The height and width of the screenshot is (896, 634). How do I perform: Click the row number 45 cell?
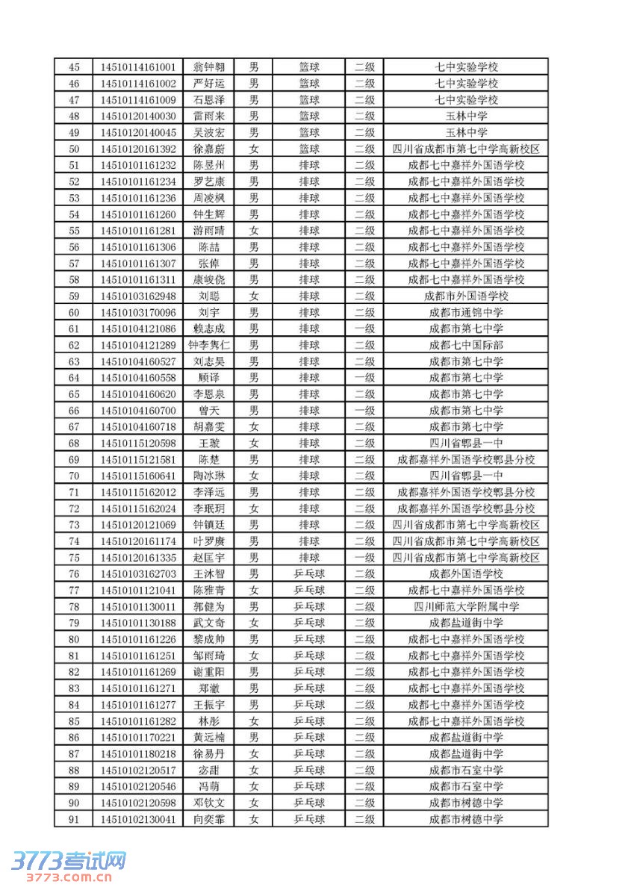[74, 67]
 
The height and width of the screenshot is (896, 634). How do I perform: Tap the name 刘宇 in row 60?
[208, 312]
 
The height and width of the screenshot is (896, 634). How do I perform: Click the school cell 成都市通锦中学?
[466, 312]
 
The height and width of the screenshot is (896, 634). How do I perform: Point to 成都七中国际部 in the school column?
[466, 345]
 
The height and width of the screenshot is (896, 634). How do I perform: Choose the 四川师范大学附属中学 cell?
[466, 606]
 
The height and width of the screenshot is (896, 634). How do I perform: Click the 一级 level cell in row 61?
[364, 329]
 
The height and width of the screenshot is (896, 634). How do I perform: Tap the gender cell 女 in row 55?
[254, 231]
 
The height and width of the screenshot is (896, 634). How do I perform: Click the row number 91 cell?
[74, 819]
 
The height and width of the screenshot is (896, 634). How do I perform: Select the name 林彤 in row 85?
[208, 721]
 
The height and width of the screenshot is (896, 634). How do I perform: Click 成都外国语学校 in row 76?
[466, 573]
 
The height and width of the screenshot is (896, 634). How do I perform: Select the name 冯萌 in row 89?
[208, 786]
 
